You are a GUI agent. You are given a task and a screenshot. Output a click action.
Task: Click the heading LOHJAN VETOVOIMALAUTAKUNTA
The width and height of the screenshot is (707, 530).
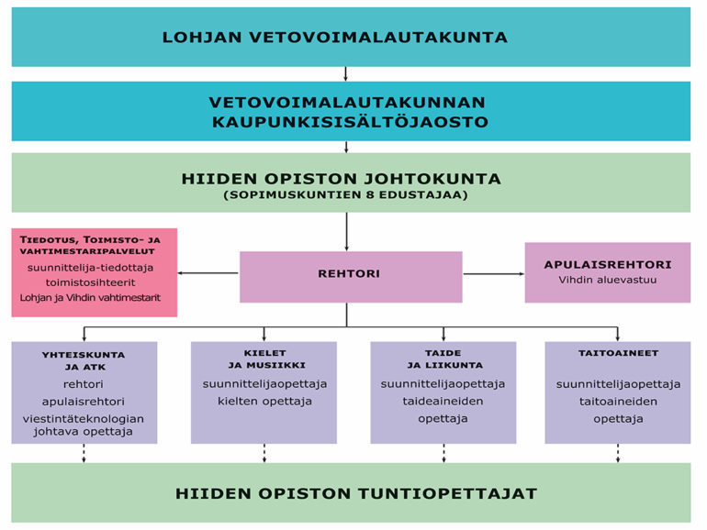coord(335,37)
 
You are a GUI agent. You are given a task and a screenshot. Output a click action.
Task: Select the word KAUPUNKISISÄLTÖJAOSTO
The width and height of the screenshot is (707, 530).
coord(351,122)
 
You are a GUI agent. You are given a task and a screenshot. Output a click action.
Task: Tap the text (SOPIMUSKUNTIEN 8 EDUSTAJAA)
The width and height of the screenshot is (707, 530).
coord(346,195)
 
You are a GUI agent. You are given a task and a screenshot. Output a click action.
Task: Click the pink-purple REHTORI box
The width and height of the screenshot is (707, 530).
coord(351,277)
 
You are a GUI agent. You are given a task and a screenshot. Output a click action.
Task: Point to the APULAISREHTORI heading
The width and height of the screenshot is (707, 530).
coord(608,264)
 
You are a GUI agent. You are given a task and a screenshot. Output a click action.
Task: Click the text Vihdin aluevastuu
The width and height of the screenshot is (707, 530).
coord(607,280)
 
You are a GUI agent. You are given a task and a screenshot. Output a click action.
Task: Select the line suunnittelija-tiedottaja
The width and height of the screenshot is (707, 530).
coord(90,268)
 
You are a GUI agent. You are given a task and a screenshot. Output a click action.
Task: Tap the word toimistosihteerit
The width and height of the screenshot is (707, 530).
coord(90,282)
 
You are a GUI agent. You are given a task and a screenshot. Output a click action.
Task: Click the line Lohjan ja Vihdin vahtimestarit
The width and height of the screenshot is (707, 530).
coord(90,298)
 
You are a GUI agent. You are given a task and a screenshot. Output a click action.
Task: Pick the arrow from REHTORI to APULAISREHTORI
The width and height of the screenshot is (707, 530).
coord(494,274)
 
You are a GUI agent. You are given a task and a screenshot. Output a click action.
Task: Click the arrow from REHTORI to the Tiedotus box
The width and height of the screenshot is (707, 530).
coord(208,273)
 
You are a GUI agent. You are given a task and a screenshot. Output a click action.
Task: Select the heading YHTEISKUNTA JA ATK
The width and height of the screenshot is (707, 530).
coord(84,360)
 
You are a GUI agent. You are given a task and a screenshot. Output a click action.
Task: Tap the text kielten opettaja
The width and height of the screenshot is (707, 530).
coord(264,402)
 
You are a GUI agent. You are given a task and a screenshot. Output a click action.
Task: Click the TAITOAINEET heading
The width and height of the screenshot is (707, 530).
coord(618,353)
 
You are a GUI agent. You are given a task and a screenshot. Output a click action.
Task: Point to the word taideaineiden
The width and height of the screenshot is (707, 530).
coord(443,402)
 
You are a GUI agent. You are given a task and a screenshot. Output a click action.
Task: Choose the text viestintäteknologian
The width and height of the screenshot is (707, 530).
coord(84,419)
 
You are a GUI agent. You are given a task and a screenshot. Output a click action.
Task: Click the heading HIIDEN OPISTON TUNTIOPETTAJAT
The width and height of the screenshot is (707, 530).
coord(356,493)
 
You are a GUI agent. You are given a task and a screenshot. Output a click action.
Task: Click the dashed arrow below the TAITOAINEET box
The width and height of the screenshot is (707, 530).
coord(618,453)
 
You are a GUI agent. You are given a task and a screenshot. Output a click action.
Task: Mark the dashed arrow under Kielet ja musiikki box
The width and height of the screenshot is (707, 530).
coord(264,453)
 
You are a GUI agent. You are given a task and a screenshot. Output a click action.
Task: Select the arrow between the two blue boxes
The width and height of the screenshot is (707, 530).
coord(345,74)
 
